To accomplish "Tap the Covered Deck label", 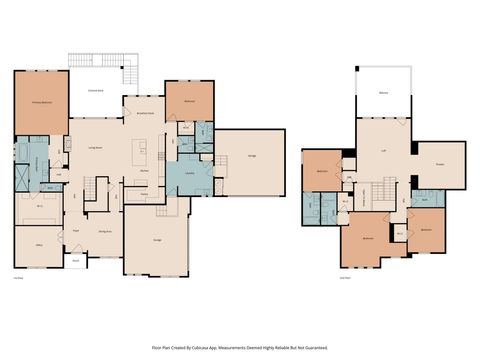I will pos(97,88).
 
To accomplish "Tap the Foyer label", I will pos(75,230).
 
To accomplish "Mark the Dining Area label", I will pos(104,230).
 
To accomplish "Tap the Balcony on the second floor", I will pos(384,92).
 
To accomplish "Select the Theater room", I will pos(440,165).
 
